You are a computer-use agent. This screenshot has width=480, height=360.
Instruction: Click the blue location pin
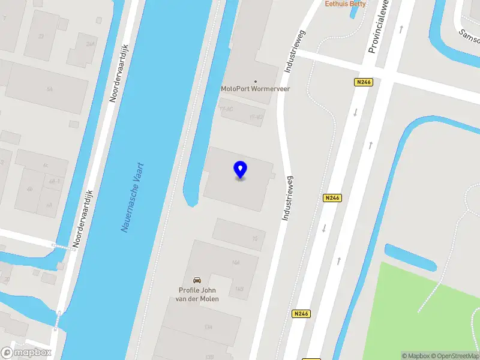(240, 170)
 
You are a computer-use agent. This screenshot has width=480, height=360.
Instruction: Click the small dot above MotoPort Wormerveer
(256, 81)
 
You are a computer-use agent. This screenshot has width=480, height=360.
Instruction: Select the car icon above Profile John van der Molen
(197, 280)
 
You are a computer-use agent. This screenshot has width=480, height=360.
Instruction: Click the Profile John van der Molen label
(199, 295)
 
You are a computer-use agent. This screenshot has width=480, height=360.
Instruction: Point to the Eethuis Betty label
(345, 4)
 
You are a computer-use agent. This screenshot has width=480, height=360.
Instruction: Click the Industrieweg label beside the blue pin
(289, 197)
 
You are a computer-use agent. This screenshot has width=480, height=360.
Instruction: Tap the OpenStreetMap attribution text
(454, 356)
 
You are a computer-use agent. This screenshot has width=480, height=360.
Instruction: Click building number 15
(255, 239)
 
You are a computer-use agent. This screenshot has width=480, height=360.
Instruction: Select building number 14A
(236, 263)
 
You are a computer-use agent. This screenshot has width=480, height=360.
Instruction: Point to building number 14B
(239, 289)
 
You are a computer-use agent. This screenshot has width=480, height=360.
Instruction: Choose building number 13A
(208, 327)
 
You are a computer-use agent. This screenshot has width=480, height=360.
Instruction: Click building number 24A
(91, 44)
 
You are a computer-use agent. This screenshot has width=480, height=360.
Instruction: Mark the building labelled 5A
(50, 89)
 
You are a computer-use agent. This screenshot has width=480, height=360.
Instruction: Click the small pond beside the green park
(410, 257)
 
